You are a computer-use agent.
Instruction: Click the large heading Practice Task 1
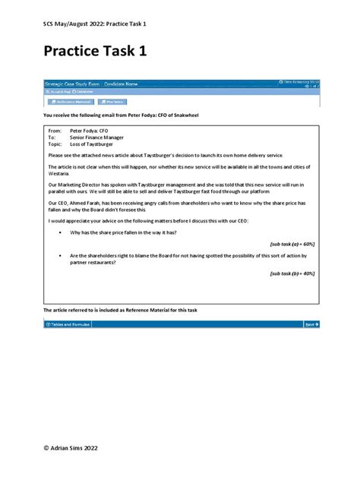[98, 52]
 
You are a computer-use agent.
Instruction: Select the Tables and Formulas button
[68, 324]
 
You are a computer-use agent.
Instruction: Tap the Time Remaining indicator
[300, 81]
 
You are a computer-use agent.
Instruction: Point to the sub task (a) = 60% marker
[292, 244]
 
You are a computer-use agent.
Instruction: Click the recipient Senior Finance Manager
[96, 137]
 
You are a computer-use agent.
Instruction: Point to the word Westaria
[59, 174]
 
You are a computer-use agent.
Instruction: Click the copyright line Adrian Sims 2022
[76, 448]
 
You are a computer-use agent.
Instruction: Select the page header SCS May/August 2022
[95, 24]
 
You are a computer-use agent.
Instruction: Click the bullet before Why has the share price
[59, 232]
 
